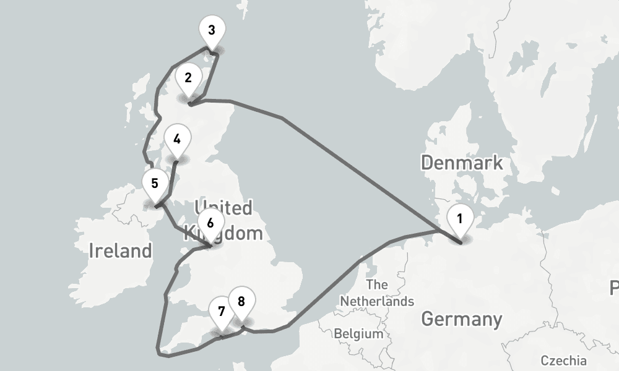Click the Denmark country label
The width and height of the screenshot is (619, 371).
click(x=461, y=163)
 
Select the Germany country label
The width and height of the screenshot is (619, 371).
click(x=461, y=320)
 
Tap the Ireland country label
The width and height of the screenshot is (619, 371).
click(x=120, y=250)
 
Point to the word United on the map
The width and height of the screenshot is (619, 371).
click(x=223, y=207)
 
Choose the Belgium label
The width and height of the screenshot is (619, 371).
click(x=358, y=334)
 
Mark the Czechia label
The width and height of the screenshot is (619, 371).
click(x=563, y=360)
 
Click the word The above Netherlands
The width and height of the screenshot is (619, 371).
click(x=376, y=285)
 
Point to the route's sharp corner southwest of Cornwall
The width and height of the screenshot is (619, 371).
click(x=160, y=354)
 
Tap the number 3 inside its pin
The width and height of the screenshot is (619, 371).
click(x=212, y=30)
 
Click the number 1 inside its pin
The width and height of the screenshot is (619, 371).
click(x=460, y=218)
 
